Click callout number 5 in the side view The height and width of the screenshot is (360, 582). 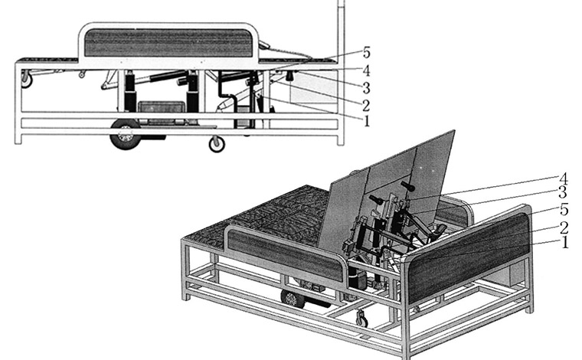coord(366,53)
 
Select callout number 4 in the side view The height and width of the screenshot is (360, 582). coord(366,70)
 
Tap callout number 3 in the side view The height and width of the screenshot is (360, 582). coord(366,88)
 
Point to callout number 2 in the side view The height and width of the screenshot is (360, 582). coord(366,106)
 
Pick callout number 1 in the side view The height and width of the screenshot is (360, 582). coord(367,121)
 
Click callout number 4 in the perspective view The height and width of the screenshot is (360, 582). coord(563,179)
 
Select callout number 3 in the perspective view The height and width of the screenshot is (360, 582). coord(563,193)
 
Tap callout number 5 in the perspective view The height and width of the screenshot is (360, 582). coord(564,210)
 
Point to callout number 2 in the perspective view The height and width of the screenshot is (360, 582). coord(564,227)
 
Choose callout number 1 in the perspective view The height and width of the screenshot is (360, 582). coord(565,242)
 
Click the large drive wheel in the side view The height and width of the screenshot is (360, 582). coord(126,135)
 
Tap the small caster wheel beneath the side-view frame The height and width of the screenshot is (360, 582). coord(217,144)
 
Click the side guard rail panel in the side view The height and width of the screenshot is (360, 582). coord(168,43)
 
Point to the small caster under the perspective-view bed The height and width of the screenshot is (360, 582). coord(362,319)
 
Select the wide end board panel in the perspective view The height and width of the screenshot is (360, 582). coord(469,257)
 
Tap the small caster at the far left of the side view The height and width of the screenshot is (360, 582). coord(26,80)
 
